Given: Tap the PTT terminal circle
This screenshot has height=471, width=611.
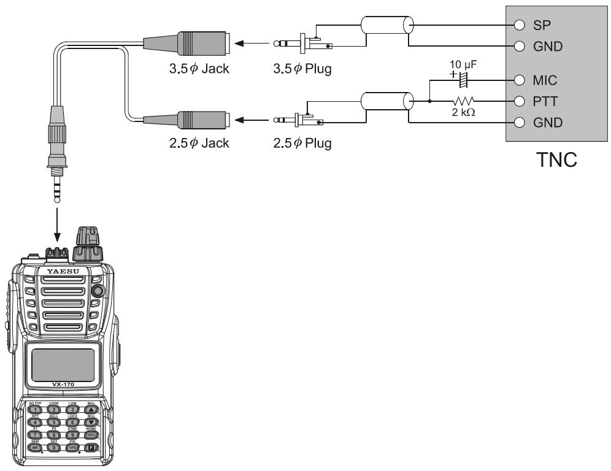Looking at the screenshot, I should coord(519,101).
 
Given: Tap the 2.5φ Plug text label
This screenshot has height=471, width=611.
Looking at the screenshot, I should coord(302,144).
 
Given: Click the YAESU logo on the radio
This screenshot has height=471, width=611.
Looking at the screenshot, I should coord(64,270).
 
